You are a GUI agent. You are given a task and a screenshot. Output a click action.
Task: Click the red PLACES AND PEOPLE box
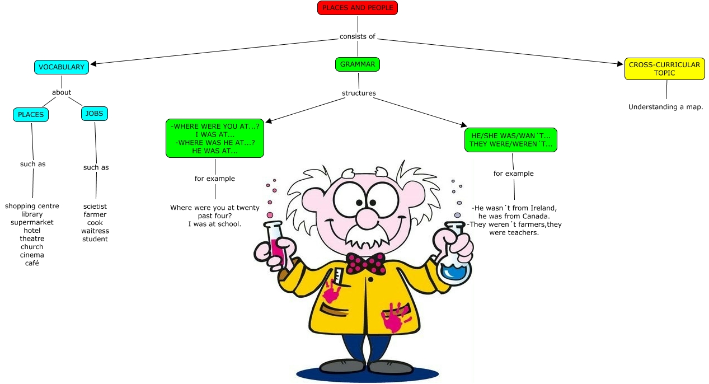click(x=357, y=8)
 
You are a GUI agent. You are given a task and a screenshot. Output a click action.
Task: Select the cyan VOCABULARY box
click(x=62, y=67)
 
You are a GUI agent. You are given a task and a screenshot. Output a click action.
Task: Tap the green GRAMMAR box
click(x=358, y=64)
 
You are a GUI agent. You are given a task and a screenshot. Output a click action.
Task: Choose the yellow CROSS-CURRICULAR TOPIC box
click(x=664, y=69)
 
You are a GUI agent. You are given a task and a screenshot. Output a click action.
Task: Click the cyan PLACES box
click(x=31, y=115)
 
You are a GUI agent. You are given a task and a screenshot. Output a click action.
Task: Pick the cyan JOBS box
click(x=95, y=114)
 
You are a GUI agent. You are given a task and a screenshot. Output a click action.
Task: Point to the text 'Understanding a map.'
click(x=665, y=107)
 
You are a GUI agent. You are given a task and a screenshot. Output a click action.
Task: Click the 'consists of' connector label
click(x=357, y=36)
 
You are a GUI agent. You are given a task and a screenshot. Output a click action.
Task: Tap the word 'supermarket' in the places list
click(x=32, y=222)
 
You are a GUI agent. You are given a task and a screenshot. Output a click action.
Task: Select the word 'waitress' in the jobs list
click(x=95, y=231)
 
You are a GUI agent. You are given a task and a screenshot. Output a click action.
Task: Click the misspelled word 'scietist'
click(x=95, y=206)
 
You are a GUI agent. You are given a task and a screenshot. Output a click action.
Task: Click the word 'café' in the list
click(x=32, y=263)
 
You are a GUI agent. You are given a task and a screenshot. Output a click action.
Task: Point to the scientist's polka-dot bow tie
click(x=366, y=263)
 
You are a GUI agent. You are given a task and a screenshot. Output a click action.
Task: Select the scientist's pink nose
click(x=367, y=216)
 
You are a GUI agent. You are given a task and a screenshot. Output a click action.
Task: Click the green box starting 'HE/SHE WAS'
click(x=510, y=140)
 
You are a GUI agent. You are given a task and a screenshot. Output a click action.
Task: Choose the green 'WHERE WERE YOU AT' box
click(x=215, y=138)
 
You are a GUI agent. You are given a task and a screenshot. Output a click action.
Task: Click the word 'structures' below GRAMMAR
click(x=359, y=93)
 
